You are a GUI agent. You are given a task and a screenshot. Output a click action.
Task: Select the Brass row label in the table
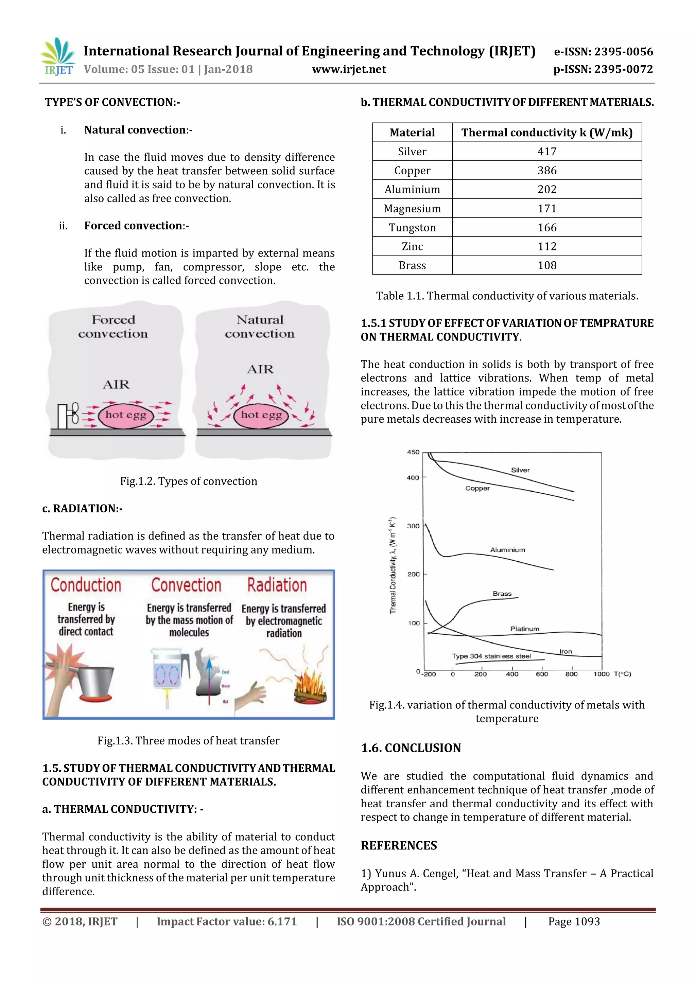point(412,265)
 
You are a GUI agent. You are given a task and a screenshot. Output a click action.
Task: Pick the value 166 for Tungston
point(547,228)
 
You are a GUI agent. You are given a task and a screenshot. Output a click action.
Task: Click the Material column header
point(412,133)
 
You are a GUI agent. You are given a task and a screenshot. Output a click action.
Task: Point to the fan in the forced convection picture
point(69,415)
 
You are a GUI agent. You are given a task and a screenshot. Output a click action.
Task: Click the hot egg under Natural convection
point(261,415)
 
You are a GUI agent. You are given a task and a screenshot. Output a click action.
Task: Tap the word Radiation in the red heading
point(277,585)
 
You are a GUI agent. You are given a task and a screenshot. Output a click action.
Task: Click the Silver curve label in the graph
point(520,470)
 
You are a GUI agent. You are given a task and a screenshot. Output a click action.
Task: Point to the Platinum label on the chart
point(525,629)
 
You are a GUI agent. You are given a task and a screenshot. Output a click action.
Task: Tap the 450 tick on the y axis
point(413,452)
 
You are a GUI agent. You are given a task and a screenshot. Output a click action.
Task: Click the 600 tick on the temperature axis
point(542,674)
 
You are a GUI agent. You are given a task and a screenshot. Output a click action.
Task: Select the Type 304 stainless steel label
point(491,656)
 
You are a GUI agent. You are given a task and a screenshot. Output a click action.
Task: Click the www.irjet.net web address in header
point(349,69)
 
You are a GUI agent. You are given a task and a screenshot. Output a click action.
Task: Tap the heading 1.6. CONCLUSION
point(411,748)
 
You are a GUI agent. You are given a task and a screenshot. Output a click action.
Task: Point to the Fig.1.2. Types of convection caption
point(189,481)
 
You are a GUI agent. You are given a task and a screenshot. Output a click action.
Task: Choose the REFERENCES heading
point(399,846)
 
